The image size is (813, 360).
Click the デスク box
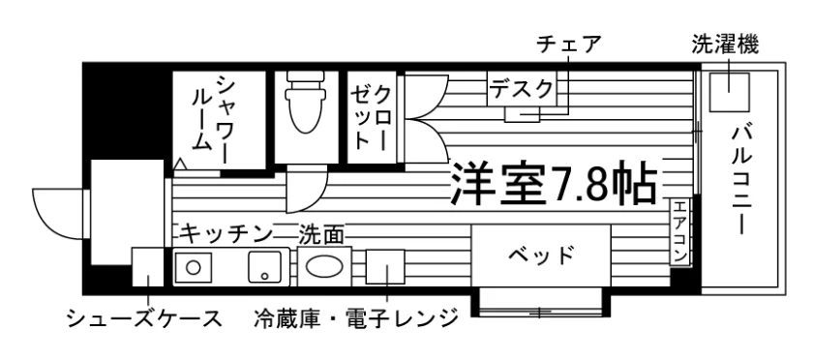(x=522, y=89)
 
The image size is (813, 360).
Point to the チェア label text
(x=568, y=45)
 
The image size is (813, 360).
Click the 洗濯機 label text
(x=725, y=45)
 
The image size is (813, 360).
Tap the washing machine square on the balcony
(x=729, y=92)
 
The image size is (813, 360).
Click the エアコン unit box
(x=680, y=232)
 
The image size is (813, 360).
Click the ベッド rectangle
(x=541, y=255)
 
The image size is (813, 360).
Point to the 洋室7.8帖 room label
(x=554, y=185)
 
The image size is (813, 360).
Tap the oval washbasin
(x=324, y=266)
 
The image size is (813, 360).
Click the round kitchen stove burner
(x=193, y=268)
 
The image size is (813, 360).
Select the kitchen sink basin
(x=265, y=267)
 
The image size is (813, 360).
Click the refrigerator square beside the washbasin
(x=385, y=267)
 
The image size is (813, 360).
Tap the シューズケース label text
(x=145, y=318)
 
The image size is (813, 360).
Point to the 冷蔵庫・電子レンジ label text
(x=357, y=317)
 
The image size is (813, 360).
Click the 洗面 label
(x=321, y=234)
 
